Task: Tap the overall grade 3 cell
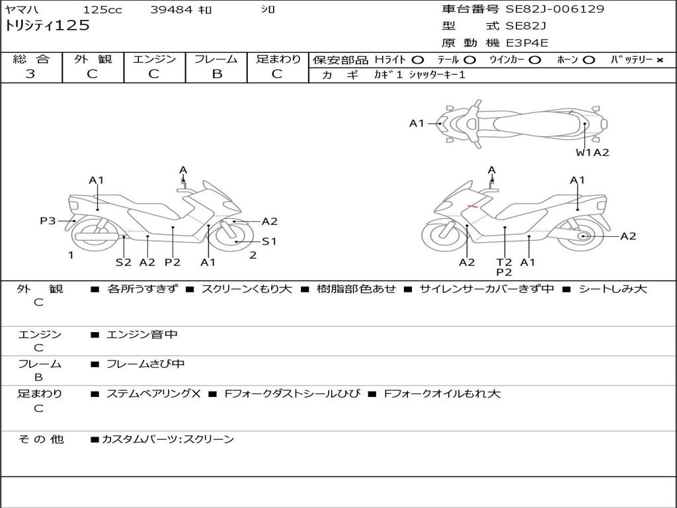[x=30, y=74]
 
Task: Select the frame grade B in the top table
[x=216, y=74]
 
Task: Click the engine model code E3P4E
[x=527, y=43]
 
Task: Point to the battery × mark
[x=659, y=60]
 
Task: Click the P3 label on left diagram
[x=48, y=221]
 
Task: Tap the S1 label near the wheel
[x=269, y=241]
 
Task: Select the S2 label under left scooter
[x=124, y=262]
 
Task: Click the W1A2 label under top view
[x=592, y=153]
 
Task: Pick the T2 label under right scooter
[x=504, y=262]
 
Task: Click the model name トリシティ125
[x=47, y=26]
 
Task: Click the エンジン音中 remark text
[x=142, y=335]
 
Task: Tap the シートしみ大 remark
[x=612, y=289]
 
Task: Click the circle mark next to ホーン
[x=588, y=60]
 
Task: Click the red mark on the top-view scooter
[x=570, y=112]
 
